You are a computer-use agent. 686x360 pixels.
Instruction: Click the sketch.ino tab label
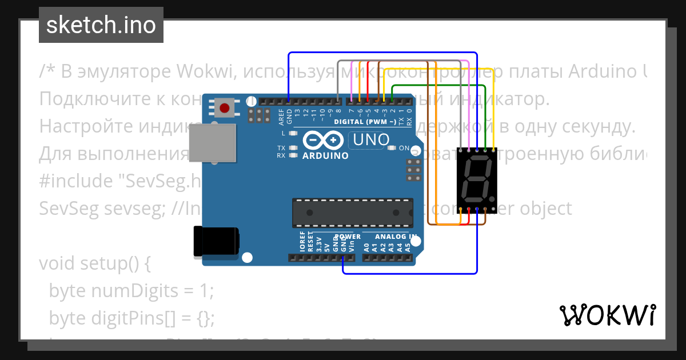click(101, 25)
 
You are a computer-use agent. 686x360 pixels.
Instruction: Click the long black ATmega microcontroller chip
click(352, 213)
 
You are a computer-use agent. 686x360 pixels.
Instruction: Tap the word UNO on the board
click(372, 139)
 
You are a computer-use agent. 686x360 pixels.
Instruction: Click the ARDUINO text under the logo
click(325, 155)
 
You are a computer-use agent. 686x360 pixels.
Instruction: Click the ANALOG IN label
click(396, 237)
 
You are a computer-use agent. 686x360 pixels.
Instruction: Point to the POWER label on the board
click(348, 237)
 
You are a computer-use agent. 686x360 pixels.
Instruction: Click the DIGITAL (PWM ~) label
click(365, 122)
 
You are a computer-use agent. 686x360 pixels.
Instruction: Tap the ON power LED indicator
click(392, 148)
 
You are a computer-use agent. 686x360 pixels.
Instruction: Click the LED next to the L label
click(294, 133)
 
